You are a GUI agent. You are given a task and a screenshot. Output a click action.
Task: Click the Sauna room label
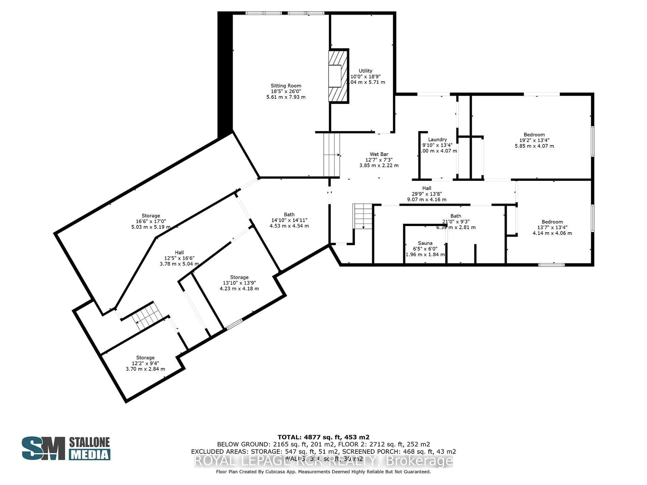point(425,243)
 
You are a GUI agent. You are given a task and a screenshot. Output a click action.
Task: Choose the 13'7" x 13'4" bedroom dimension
point(552,228)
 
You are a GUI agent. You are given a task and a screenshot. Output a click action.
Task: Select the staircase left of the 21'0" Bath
point(363,216)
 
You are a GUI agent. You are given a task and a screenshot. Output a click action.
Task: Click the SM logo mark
point(43,448)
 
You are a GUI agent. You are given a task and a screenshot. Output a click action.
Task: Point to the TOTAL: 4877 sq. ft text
point(323,437)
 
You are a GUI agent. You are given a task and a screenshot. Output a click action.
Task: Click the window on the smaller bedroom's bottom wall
point(551,265)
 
